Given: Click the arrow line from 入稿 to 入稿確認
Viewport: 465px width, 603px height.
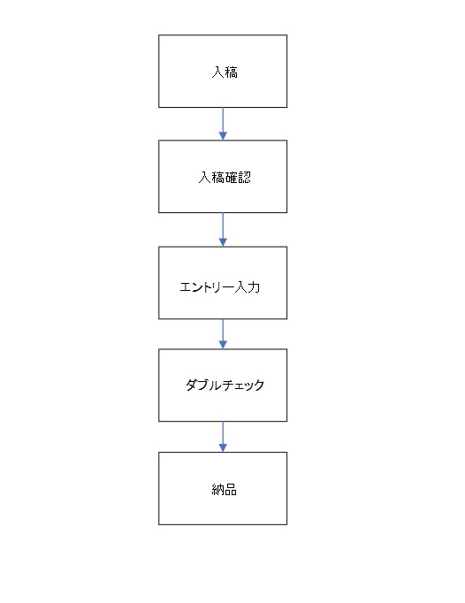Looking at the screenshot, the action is [x=223, y=124].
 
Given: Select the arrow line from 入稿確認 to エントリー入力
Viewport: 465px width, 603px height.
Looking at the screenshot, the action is [x=223, y=230].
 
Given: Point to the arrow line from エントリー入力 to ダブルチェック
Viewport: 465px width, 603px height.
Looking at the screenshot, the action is [x=223, y=334].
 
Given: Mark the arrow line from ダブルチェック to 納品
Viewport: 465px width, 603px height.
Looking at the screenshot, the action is [x=223, y=437].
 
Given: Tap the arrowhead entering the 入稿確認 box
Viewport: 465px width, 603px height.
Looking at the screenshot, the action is [x=223, y=136].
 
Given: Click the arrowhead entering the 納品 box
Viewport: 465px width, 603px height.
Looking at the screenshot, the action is [x=223, y=447].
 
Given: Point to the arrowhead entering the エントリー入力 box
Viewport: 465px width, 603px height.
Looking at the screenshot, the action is [x=223, y=242].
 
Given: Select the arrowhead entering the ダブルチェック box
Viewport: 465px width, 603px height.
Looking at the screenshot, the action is [x=223, y=345].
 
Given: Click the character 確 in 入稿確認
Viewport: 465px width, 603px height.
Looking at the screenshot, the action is [x=231, y=178].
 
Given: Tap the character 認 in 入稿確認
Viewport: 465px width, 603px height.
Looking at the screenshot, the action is [x=244, y=178].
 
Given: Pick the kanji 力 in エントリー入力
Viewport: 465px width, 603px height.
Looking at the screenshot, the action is [x=254, y=286].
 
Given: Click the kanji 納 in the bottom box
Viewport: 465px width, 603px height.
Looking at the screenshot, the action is [x=217, y=490].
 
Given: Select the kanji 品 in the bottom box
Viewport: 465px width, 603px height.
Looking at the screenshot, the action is [x=230, y=490].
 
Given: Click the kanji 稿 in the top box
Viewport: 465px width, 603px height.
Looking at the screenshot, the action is [x=231, y=72].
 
